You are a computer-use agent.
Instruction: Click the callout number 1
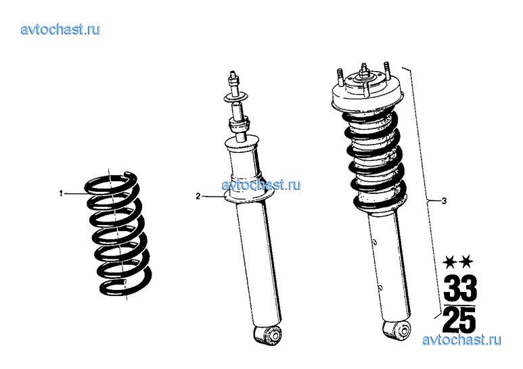pos(61,193)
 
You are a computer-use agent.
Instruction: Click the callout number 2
pos(198,196)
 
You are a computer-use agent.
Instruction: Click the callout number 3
pos(444,201)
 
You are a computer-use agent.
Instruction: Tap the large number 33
pos(460,288)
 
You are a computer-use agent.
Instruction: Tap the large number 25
pos(459,320)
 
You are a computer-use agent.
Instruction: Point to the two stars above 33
pos(458,262)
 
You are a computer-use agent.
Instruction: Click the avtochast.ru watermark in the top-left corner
pos(60,29)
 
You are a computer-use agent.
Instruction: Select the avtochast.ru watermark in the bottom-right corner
pos(461,340)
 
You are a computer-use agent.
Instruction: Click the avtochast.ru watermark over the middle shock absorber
pos(261,184)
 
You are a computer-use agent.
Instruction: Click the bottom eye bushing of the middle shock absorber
pos(268,335)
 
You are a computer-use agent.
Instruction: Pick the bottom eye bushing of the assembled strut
pos(397,330)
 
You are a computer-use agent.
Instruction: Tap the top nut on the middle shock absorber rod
pos(233,79)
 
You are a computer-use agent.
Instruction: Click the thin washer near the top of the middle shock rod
pos(235,97)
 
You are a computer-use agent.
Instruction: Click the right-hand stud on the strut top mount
pos(386,70)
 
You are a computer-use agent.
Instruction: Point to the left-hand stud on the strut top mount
pos(340,77)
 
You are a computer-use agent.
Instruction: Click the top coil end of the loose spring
pos(129,174)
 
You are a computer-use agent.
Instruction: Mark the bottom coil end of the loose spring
pos(123,282)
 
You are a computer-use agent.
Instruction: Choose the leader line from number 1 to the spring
pos(74,193)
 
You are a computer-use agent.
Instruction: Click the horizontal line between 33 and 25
pos(459,304)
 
